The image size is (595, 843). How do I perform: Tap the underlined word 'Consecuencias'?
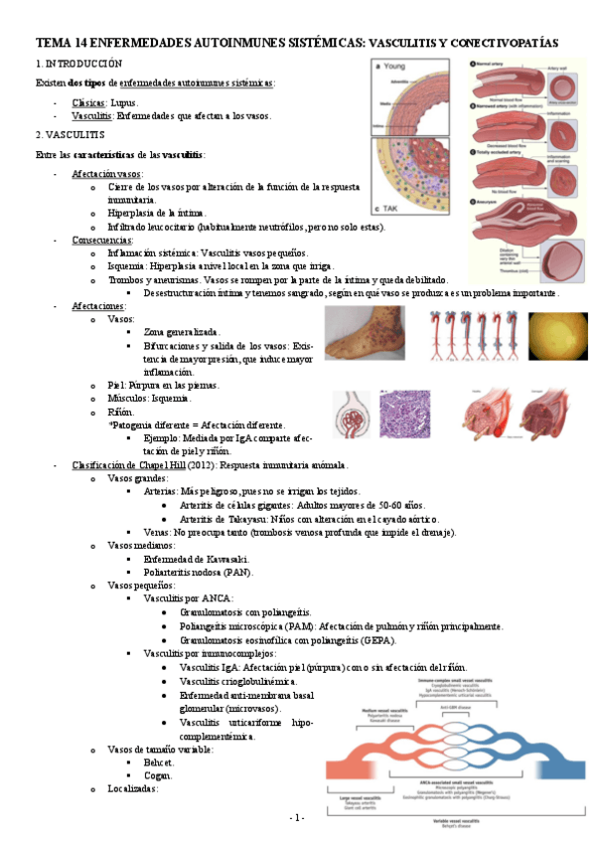(x=103, y=241)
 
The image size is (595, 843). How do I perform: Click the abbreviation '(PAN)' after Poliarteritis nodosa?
(x=237, y=572)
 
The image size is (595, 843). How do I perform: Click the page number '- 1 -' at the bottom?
(x=296, y=817)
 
